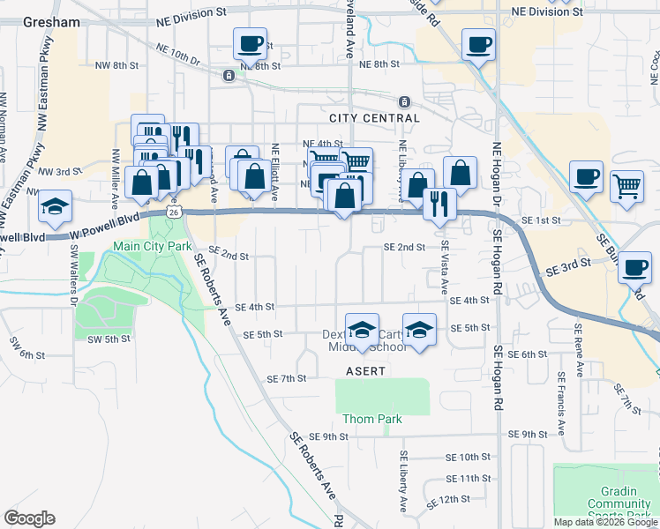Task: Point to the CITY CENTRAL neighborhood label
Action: click(374, 118)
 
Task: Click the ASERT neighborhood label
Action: click(366, 371)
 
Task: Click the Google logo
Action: click(29, 518)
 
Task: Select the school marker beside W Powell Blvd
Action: click(55, 207)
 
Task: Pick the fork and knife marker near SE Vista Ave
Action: click(439, 204)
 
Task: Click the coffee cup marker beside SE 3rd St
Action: click(634, 267)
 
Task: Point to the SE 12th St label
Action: click(448, 500)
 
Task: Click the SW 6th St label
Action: click(26, 354)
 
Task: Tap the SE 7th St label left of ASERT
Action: click(286, 378)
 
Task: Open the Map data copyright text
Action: click(605, 522)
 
